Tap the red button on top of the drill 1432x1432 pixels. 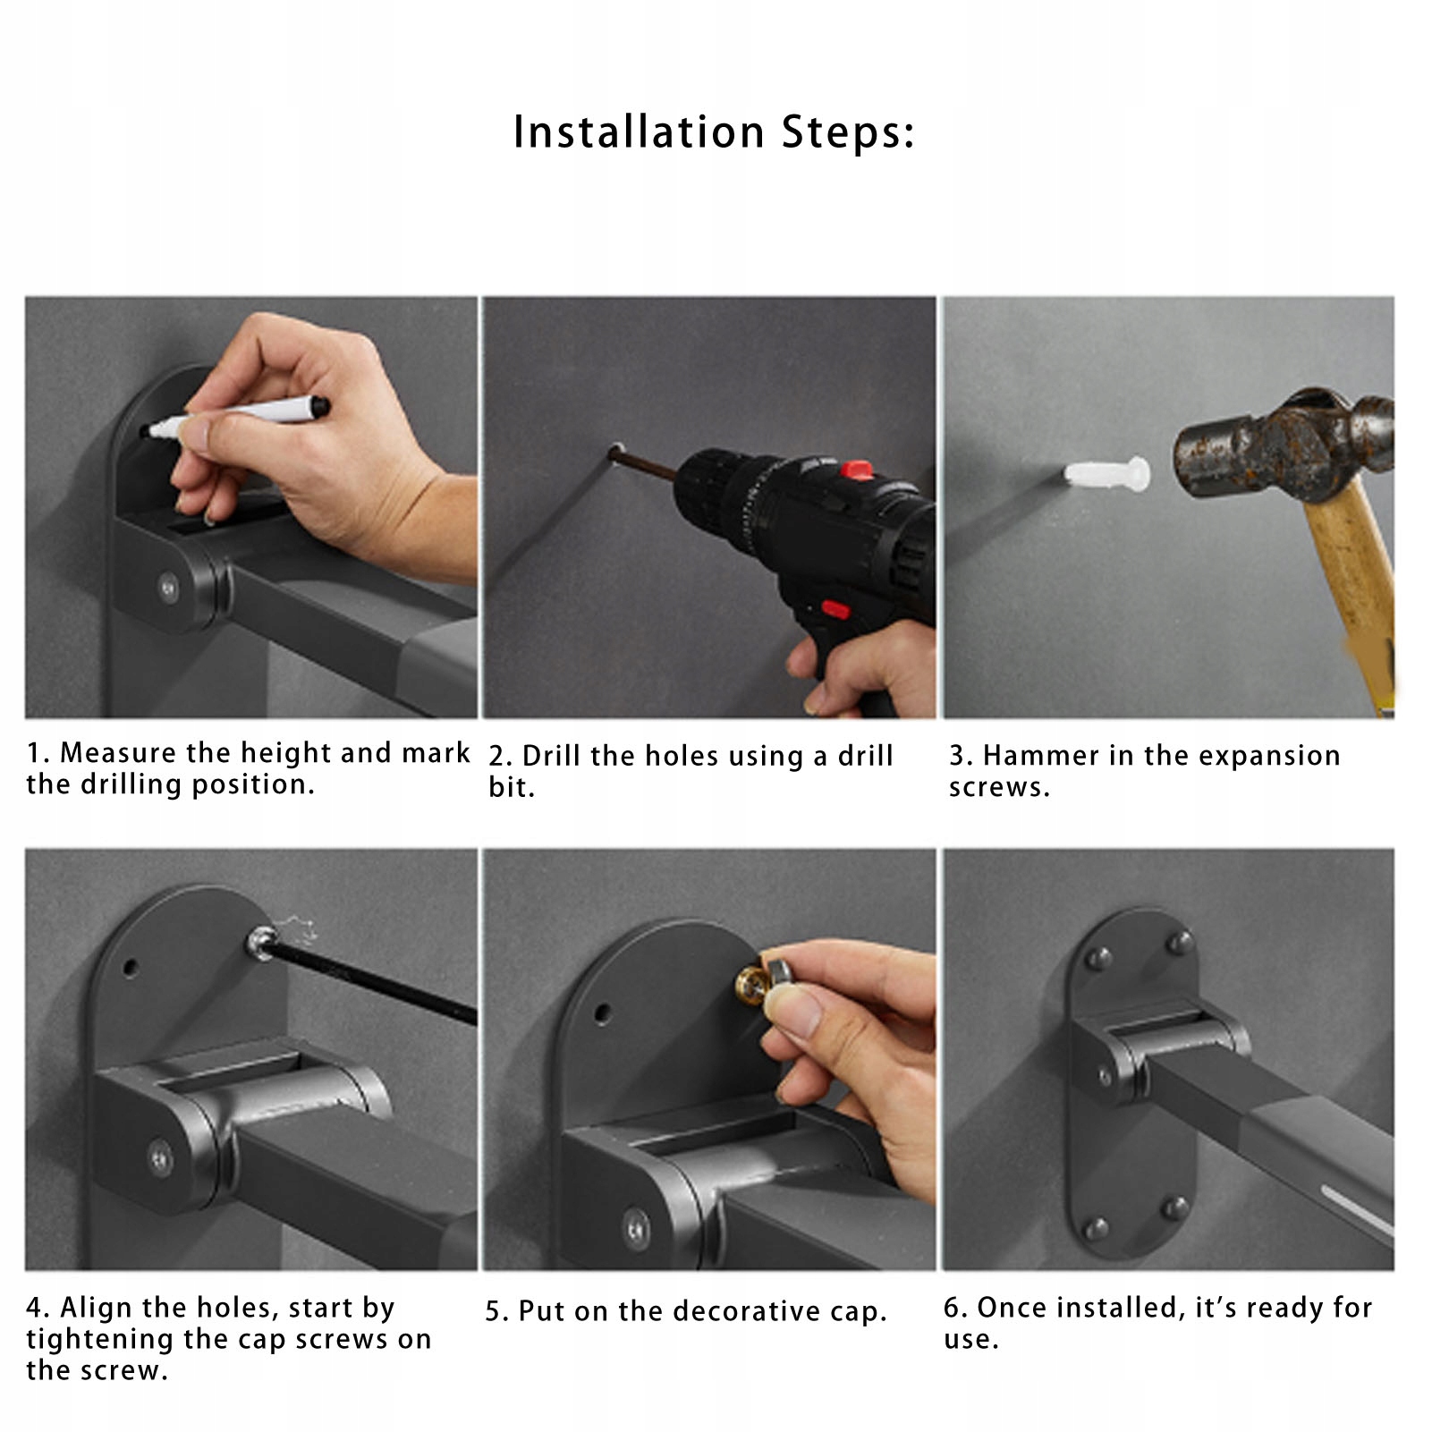(856, 470)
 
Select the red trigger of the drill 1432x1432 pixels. (835, 610)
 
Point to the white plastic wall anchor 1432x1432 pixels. (1107, 475)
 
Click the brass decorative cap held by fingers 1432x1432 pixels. (754, 981)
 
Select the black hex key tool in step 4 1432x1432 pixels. (367, 975)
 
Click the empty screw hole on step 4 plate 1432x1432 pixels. (131, 968)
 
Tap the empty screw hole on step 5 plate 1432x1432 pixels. (603, 1013)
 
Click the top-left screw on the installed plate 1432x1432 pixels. (1097, 960)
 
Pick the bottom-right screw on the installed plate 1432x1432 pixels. (1174, 1209)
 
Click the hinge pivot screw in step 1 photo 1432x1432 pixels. (167, 587)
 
